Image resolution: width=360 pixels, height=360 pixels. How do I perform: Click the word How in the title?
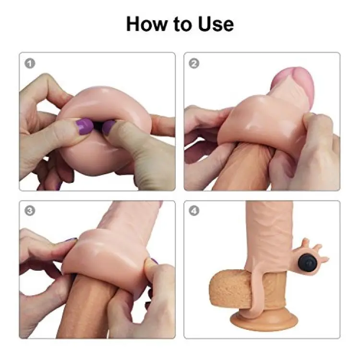(146, 24)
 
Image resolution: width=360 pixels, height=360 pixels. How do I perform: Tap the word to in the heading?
(182, 24)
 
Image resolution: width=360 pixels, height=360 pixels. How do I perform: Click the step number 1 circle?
(30, 63)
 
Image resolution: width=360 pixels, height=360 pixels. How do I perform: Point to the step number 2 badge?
(194, 63)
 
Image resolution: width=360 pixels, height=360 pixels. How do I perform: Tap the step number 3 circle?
(30, 211)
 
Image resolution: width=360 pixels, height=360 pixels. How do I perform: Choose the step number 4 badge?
(194, 211)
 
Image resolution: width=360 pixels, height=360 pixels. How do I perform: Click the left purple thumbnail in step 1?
(84, 126)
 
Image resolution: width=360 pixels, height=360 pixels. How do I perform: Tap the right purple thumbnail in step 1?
(108, 127)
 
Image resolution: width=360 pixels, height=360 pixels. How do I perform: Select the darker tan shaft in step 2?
(243, 168)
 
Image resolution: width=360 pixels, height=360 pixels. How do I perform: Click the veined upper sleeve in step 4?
(269, 234)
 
